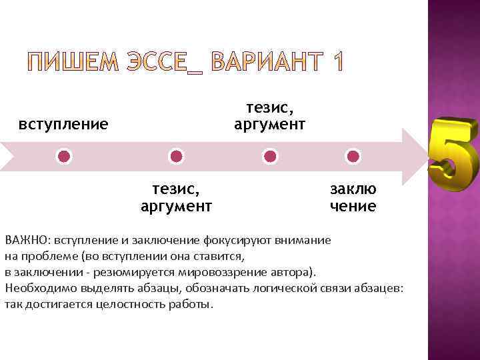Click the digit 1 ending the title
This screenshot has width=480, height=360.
(337, 63)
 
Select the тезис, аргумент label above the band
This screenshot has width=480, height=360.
(269, 115)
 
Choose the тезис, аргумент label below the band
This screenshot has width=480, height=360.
(176, 197)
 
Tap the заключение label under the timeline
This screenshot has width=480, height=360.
(353, 197)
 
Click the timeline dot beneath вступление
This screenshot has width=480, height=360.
(63, 157)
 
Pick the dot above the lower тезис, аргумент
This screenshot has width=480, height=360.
(176, 157)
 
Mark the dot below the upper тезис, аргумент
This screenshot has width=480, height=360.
(270, 157)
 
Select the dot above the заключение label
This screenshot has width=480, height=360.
(353, 157)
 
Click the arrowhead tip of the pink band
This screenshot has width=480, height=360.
(422, 156)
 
